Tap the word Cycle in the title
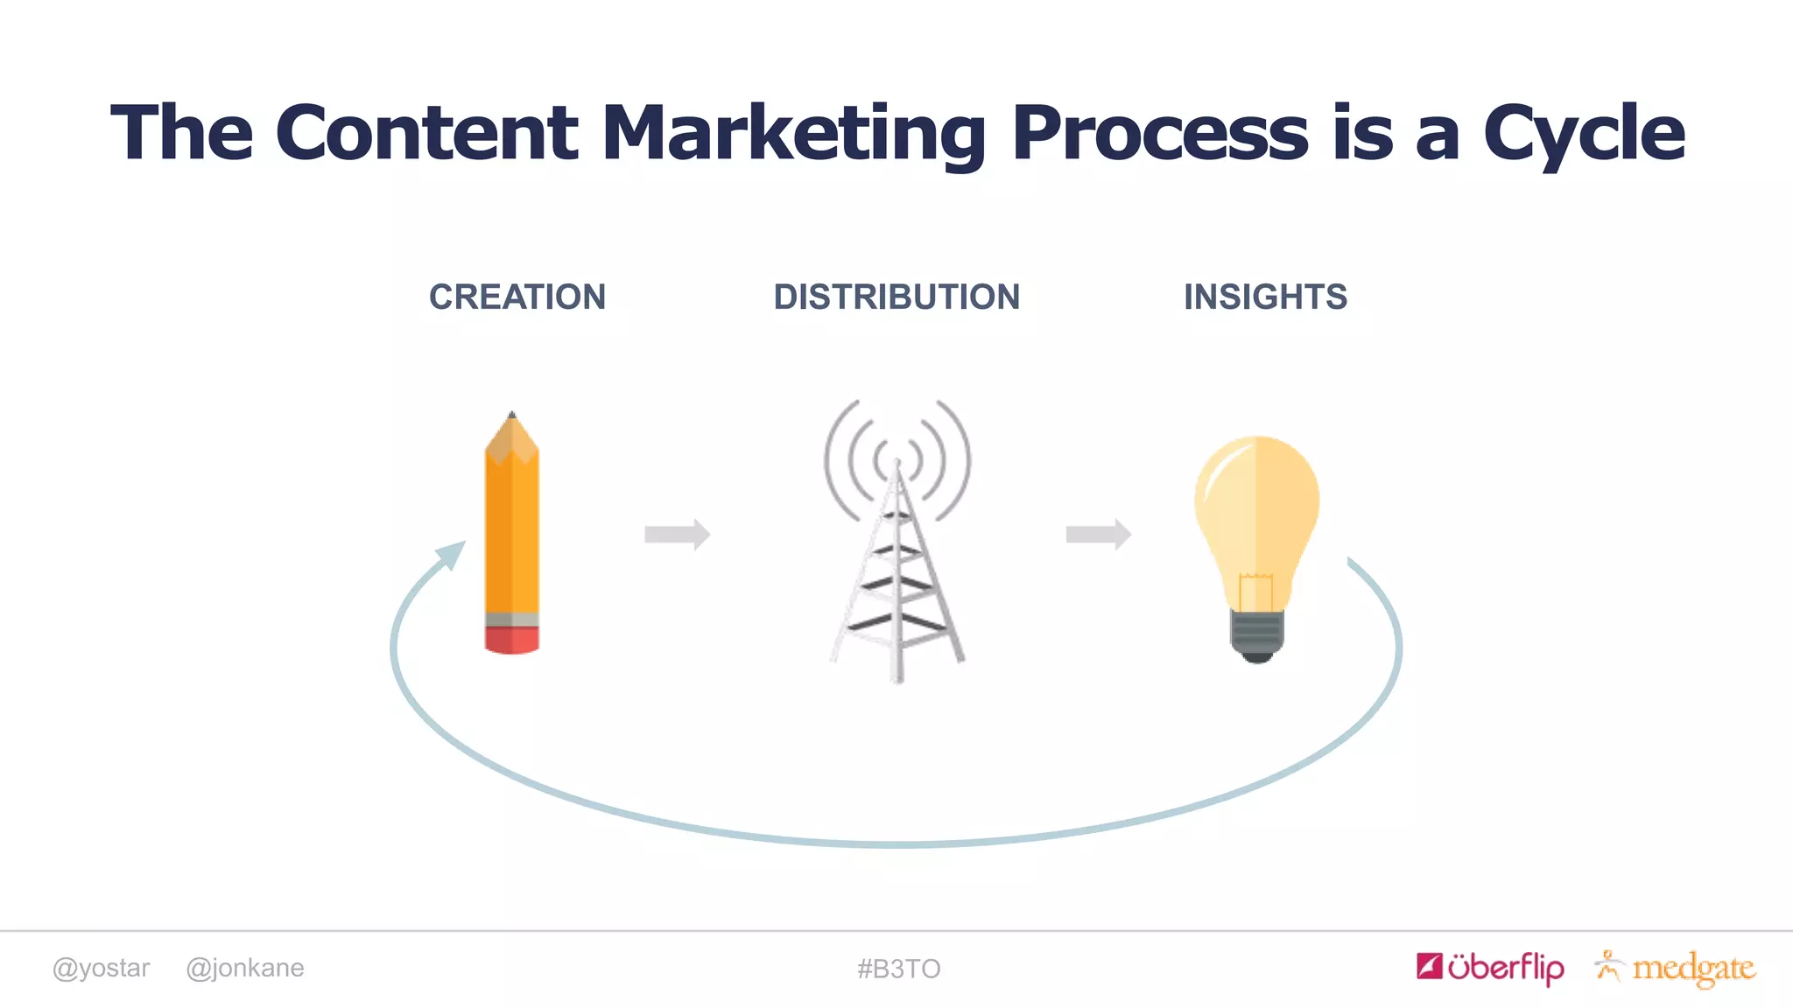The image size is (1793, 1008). point(1584,133)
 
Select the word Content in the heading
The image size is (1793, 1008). point(426,133)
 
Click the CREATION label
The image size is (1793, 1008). point(517,297)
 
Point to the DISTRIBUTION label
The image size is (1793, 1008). point(896,297)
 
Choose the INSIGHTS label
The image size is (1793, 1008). point(1265,297)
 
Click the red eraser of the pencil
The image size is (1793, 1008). point(512,640)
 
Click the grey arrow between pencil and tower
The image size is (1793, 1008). point(677,534)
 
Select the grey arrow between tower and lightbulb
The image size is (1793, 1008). point(1098,534)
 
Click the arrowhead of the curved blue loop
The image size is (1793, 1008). point(452,553)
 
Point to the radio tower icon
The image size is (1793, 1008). point(897,542)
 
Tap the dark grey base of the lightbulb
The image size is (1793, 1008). point(1257,634)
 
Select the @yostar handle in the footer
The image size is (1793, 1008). point(101,968)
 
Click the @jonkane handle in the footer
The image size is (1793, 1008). point(245,968)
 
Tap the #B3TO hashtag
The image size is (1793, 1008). point(898,969)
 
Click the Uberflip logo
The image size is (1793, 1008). point(1490,967)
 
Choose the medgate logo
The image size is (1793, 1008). point(1676,968)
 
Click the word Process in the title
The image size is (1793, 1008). point(1160,133)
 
